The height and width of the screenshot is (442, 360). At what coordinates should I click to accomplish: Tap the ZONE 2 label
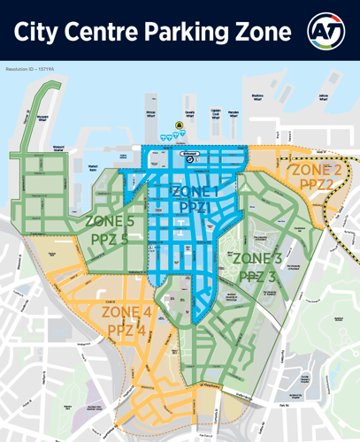click(315, 170)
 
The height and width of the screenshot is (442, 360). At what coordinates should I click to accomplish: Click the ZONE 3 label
click(257, 259)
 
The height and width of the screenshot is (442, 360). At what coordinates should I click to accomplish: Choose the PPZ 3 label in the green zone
click(257, 276)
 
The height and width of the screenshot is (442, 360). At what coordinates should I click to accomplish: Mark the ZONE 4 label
click(126, 313)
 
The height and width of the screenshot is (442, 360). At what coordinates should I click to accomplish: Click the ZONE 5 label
click(110, 221)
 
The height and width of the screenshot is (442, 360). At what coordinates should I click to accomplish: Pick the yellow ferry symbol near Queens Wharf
click(180, 127)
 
